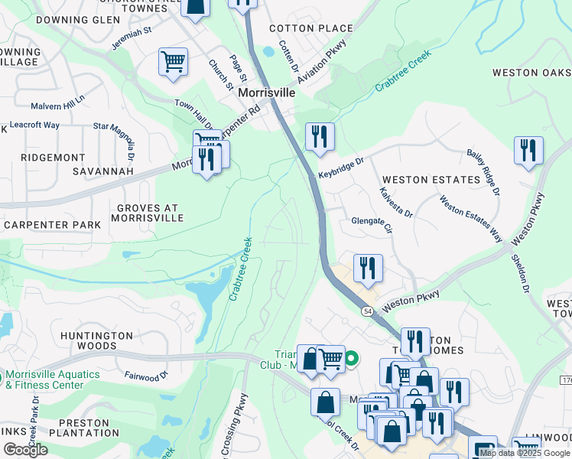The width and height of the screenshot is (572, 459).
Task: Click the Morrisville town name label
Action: pos(266,92)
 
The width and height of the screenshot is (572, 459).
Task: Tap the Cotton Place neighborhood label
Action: pos(311,28)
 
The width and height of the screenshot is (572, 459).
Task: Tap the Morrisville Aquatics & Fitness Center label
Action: pos(52,379)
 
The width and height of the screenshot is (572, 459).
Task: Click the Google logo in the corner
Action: pos(25,449)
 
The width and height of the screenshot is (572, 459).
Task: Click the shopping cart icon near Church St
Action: pos(174,62)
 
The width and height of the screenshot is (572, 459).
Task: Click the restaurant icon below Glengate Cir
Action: pos(368,268)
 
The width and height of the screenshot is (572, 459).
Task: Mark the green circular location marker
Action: pos(352,357)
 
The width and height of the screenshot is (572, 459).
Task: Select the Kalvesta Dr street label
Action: pos(396,201)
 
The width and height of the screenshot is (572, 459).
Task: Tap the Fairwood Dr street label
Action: pos(145,376)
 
